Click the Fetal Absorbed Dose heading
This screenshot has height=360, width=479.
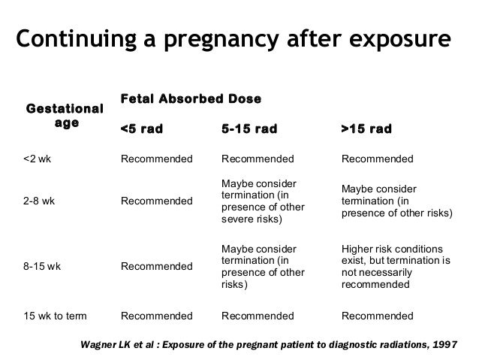[x=191, y=99]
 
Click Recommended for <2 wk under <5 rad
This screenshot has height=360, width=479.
[x=157, y=159]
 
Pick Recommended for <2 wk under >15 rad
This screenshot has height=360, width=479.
[x=377, y=159]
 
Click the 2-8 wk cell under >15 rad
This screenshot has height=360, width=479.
[x=397, y=201]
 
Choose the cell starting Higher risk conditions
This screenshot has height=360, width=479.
[x=396, y=266]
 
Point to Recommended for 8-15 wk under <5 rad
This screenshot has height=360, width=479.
[x=157, y=266]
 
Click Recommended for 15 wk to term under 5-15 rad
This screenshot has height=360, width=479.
[x=257, y=315]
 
